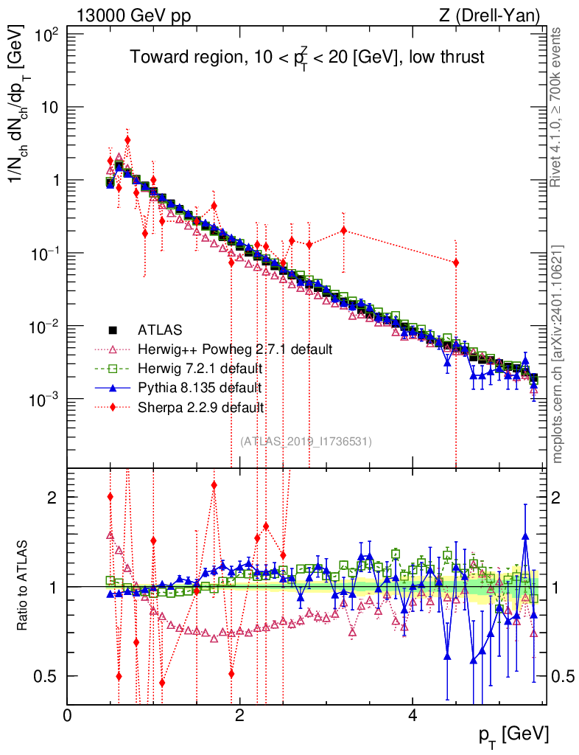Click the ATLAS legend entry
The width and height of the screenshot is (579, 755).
pyautogui.click(x=145, y=330)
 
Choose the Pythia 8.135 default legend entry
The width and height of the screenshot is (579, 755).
pyautogui.click(x=185, y=388)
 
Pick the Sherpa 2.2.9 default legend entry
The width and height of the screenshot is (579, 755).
pyautogui.click(x=185, y=408)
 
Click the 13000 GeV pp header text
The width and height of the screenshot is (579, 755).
pyautogui.click(x=133, y=16)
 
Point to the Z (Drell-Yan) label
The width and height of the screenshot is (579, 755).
pyautogui.click(x=489, y=16)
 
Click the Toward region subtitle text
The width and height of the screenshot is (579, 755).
pyautogui.click(x=307, y=58)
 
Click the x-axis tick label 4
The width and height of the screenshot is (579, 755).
pyautogui.click(x=412, y=714)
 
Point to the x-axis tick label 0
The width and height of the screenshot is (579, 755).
pyautogui.click(x=67, y=714)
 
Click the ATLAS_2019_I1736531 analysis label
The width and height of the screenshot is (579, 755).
pyautogui.click(x=306, y=441)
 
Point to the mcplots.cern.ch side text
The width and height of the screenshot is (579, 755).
pyautogui.click(x=558, y=355)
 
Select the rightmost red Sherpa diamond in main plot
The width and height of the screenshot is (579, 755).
pyautogui.click(x=455, y=262)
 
